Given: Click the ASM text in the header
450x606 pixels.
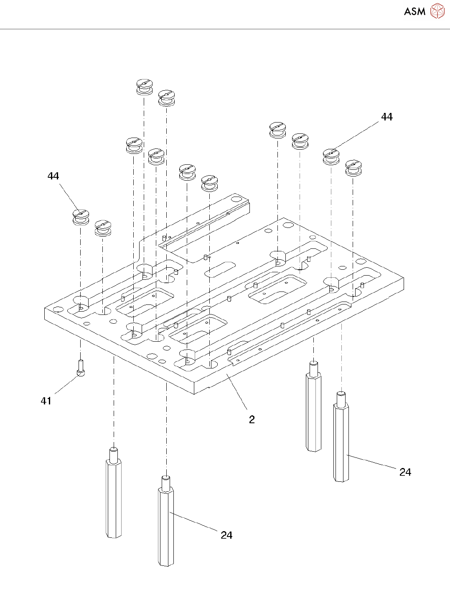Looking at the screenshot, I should pos(414,11).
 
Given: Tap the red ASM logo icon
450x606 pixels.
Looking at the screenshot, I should pos(437,11).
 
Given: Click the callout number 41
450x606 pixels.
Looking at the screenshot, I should pos(46,401).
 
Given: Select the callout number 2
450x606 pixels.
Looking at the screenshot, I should pos(252,419).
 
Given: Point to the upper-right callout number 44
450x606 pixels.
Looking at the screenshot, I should pos(386,117).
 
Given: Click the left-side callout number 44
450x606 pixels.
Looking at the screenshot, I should pos(53,176).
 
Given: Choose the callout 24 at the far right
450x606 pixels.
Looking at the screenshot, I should pos(405,472).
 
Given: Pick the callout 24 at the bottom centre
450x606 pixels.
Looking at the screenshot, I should pos(226,535).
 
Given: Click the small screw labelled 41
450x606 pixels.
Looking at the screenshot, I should pos(81,368).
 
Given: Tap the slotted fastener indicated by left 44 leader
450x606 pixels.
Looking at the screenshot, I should pos(81,217).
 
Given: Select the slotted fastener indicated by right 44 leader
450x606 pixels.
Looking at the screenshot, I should pos(331,156).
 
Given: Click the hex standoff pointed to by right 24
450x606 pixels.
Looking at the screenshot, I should pos(341,443).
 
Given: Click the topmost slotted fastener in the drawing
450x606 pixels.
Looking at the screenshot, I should pos(145,87).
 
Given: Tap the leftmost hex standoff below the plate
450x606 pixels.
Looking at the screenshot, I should pos(114,498).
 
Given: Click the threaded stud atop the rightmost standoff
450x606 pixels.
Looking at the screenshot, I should pos(341,398).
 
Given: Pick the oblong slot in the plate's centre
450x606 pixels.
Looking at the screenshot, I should pos(220,269).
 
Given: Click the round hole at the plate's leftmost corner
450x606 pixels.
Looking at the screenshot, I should pos(58,309).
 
